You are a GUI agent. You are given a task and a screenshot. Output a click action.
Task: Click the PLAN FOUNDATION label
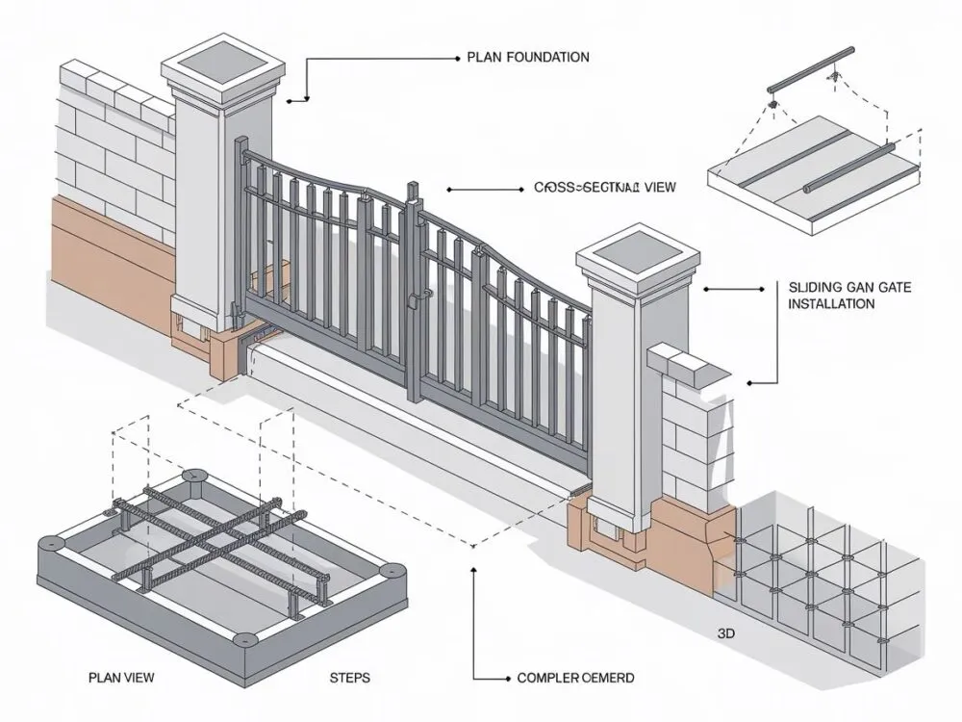[x=527, y=58]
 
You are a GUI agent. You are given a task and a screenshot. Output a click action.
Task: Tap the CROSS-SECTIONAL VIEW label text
[x=604, y=189]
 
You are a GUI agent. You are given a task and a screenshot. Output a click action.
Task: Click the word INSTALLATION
[x=831, y=304]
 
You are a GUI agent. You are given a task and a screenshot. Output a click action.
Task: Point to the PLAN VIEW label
[x=119, y=678]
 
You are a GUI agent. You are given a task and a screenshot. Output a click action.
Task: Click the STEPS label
[x=349, y=678]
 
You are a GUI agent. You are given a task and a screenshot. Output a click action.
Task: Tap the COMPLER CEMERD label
[x=575, y=678]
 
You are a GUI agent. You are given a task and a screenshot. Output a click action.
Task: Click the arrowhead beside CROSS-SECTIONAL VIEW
[x=448, y=190]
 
